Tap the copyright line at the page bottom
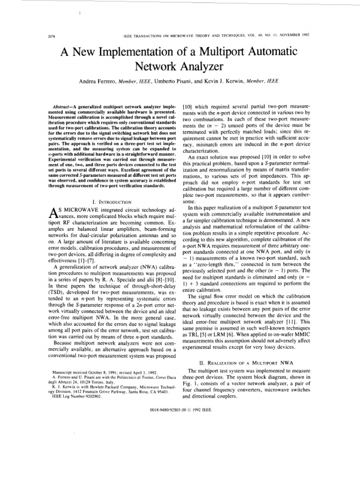(180, 409)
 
